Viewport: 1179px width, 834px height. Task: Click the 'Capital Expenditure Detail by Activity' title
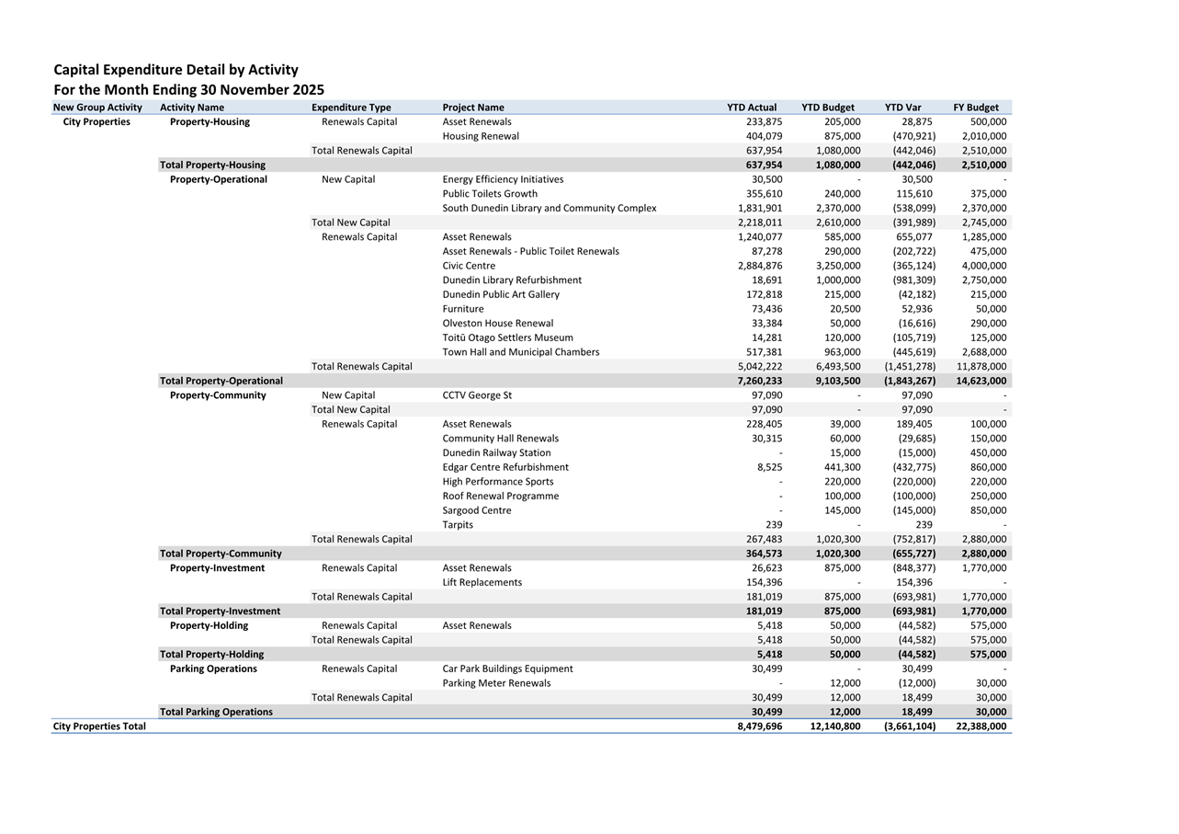click(x=176, y=70)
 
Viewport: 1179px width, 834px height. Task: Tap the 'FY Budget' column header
click(x=976, y=108)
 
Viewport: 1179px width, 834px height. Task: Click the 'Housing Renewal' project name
click(x=481, y=136)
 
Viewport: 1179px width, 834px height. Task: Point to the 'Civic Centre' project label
click(x=469, y=266)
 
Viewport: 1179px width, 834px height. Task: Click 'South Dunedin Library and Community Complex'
click(x=550, y=208)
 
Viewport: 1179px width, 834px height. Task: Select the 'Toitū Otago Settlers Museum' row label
click(x=507, y=337)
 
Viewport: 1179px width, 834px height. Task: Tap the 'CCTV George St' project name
click(x=477, y=395)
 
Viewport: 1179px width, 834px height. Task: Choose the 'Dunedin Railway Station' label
click(x=496, y=452)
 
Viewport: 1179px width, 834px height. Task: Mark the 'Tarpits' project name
click(x=458, y=525)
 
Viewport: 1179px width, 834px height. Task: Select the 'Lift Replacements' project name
click(x=482, y=582)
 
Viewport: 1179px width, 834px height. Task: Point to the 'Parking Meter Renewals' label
click(x=496, y=683)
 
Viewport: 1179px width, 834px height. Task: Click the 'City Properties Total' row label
click(x=99, y=726)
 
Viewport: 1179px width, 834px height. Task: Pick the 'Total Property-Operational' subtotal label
click(x=221, y=381)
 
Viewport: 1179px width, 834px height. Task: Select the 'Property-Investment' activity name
click(x=217, y=568)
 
